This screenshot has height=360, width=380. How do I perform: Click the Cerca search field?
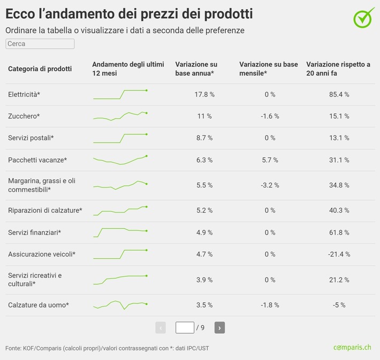click(40, 44)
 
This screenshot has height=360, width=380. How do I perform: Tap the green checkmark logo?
click(364, 18)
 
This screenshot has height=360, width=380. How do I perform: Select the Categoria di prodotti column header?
click(40, 69)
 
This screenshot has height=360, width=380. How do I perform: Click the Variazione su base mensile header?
click(269, 69)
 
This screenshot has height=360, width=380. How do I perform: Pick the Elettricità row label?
click(24, 94)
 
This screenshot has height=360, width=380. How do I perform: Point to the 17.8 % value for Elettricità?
click(204, 94)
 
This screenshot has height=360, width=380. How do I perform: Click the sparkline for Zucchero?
click(120, 116)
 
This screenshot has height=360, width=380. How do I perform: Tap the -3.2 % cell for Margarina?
click(269, 185)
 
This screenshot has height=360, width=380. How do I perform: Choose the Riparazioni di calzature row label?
click(45, 211)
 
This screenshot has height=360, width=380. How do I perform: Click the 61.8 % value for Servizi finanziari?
click(339, 232)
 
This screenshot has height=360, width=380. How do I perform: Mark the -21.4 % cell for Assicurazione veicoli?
click(339, 254)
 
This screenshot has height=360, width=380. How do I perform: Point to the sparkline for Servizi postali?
click(120, 138)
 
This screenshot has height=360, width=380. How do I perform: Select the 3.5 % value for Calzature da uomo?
click(204, 305)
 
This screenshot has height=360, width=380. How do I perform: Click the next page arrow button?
click(219, 327)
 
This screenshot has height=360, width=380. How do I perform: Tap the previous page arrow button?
click(161, 327)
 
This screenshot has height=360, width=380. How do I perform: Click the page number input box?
click(185, 327)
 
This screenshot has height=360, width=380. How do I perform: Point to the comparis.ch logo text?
click(352, 347)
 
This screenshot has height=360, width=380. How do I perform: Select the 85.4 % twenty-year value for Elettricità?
click(339, 94)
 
